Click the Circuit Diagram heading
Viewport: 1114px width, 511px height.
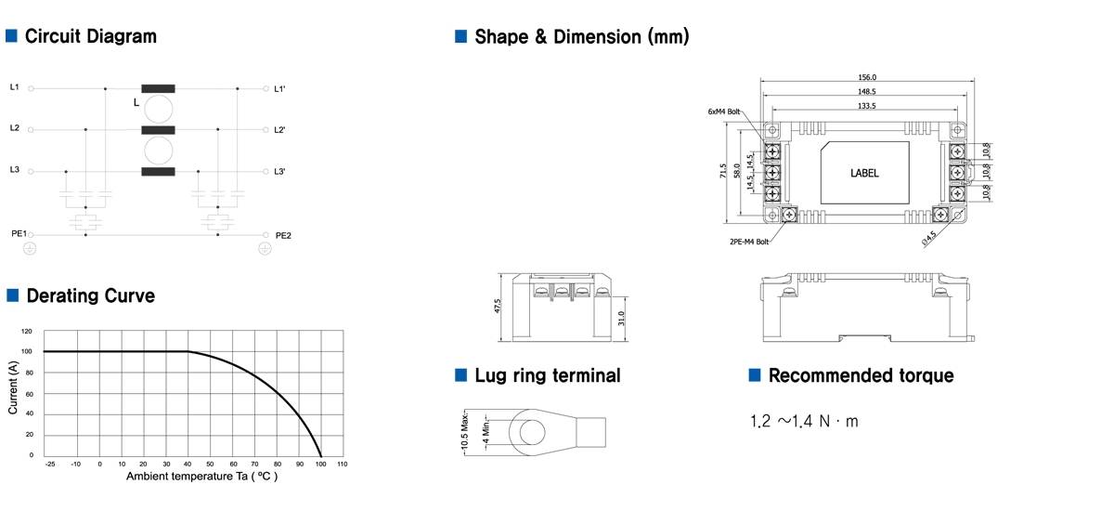(90, 37)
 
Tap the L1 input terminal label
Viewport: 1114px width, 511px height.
(15, 87)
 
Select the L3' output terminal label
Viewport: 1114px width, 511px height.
(279, 172)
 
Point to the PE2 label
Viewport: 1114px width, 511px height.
(283, 236)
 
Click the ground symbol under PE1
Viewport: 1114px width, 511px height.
(30, 249)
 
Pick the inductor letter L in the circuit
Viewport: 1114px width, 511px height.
(137, 103)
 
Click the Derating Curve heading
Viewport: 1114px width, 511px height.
(90, 296)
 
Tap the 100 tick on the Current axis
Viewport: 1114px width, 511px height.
(26, 351)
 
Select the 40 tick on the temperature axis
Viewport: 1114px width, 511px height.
(188, 464)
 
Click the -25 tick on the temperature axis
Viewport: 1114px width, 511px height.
(49, 464)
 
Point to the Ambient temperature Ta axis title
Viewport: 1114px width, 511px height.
(201, 477)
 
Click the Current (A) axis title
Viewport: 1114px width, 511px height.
(13, 392)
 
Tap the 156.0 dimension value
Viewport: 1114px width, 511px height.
(867, 78)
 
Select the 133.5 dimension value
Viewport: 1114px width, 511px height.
(867, 106)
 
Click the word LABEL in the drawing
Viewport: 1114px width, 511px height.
(864, 174)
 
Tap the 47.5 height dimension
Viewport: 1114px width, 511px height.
(498, 307)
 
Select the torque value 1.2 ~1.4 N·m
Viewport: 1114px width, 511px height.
(804, 422)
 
